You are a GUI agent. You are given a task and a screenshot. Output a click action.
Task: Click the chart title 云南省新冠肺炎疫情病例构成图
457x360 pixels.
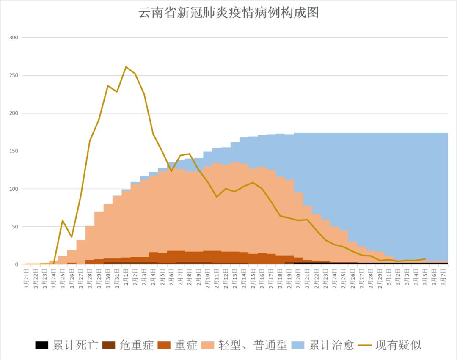click(228, 13)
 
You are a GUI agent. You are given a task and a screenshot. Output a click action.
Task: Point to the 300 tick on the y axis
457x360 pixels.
click(14, 38)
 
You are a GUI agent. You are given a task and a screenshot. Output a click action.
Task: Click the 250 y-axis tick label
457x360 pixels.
click(14, 76)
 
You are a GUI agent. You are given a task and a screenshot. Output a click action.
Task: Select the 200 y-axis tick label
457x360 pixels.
click(14, 113)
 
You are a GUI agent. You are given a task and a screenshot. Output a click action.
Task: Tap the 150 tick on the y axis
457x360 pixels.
click(14, 151)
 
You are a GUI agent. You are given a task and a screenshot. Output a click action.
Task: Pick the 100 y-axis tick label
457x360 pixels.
click(14, 189)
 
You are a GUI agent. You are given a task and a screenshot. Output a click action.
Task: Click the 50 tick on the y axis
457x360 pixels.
click(15, 227)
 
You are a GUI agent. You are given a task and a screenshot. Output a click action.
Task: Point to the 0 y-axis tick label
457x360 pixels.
click(17, 264)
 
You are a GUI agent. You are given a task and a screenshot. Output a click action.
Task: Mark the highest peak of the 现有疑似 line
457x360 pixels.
click(126, 67)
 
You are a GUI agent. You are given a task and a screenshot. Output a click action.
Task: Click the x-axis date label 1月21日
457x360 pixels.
click(27, 278)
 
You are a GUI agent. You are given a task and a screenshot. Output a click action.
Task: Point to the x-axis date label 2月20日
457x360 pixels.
click(298, 278)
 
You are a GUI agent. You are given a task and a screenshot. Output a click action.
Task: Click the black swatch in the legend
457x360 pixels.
click(41, 345)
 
